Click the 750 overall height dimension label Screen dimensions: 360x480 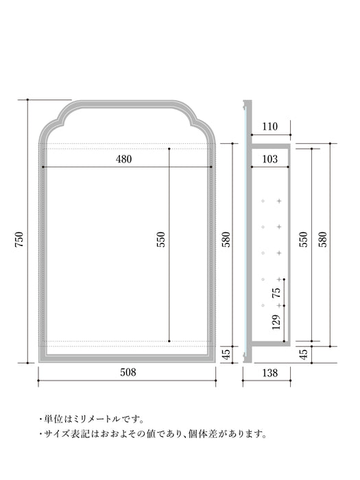click(19, 239)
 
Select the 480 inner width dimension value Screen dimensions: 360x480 click(123, 159)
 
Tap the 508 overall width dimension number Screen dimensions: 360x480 click(128, 372)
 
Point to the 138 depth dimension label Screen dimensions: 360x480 click(270, 372)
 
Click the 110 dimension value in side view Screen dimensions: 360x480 click(270, 126)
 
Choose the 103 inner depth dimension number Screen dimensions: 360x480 click(270, 159)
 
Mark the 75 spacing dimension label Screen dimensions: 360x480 click(276, 293)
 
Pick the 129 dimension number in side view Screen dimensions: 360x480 click(276, 322)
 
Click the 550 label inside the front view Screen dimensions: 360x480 click(160, 239)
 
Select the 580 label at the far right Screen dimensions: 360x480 click(323, 239)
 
